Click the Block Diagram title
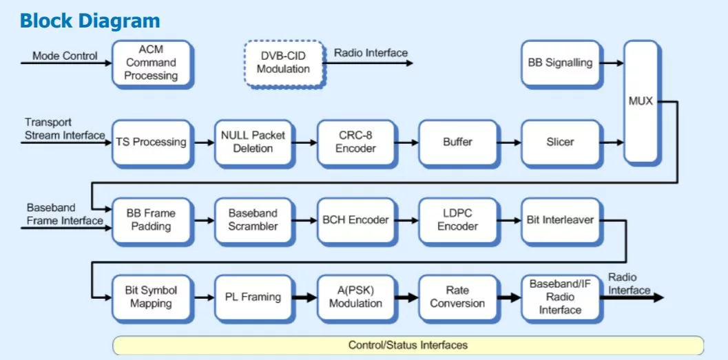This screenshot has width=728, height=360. [x=90, y=21]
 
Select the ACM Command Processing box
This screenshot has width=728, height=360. [x=152, y=63]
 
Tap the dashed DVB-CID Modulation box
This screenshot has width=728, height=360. [x=284, y=63]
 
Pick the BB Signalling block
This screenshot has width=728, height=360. [x=561, y=63]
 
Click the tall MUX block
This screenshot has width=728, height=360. [x=641, y=101]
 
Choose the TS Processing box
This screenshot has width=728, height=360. [x=152, y=142]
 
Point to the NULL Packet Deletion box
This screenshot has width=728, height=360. [x=253, y=142]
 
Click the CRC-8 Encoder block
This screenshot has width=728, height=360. [x=356, y=142]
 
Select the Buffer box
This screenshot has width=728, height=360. [x=458, y=142]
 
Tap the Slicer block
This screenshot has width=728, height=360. [x=561, y=142]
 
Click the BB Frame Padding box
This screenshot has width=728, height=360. [x=152, y=220]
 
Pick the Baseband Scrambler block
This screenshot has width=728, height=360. [x=253, y=220]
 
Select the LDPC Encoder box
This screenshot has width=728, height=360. [x=458, y=220]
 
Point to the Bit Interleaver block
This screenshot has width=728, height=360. [x=561, y=220]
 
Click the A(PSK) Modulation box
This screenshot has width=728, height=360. [x=356, y=298]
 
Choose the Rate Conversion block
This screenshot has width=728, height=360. [x=458, y=298]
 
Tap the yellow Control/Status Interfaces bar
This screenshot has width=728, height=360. [x=408, y=346]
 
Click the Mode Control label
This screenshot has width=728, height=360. [x=65, y=56]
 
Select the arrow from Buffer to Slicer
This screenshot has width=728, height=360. [x=509, y=143]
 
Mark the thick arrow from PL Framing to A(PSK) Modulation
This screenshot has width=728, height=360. [x=305, y=298]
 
